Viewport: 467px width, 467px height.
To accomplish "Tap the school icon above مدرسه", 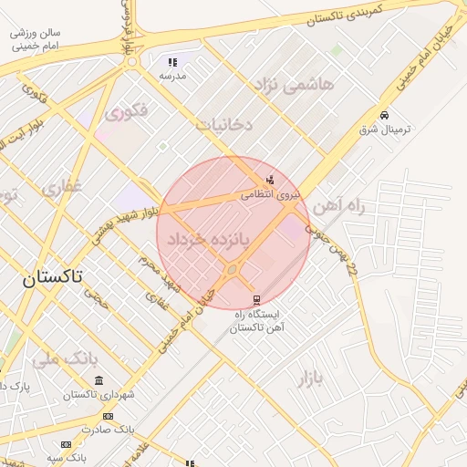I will [171, 63].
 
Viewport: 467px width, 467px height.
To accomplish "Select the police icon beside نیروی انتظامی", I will [269, 179].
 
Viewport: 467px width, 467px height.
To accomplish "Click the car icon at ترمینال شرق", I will [386, 115].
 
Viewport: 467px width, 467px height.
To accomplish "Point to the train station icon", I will [256, 299].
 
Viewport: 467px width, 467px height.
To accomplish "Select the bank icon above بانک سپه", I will [66, 443].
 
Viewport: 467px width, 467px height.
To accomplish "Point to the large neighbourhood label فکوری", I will [126, 114].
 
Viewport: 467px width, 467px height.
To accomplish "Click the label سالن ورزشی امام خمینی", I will [35, 38].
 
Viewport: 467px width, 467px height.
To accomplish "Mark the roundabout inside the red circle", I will [232, 270].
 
